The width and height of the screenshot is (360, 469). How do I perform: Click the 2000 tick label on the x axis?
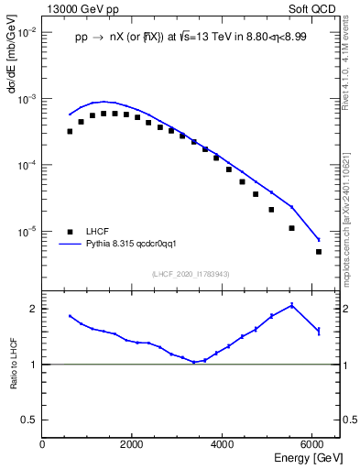(133, 444)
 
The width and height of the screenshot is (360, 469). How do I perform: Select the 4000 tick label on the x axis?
(223, 444)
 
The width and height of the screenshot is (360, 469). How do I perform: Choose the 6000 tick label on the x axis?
(313, 444)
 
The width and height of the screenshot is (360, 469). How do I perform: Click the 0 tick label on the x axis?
(43, 444)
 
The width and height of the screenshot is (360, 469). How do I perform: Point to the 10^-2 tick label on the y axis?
(27, 32)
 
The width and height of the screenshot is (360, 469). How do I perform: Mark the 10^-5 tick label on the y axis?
(27, 232)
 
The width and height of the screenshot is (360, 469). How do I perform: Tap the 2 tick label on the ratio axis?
(32, 309)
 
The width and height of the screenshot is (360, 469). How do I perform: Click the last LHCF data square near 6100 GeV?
(319, 251)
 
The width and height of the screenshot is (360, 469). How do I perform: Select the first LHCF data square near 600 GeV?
(70, 131)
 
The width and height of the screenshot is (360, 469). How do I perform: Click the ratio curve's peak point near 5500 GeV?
(291, 305)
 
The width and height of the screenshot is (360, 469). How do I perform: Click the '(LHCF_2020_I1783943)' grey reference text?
(190, 274)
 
